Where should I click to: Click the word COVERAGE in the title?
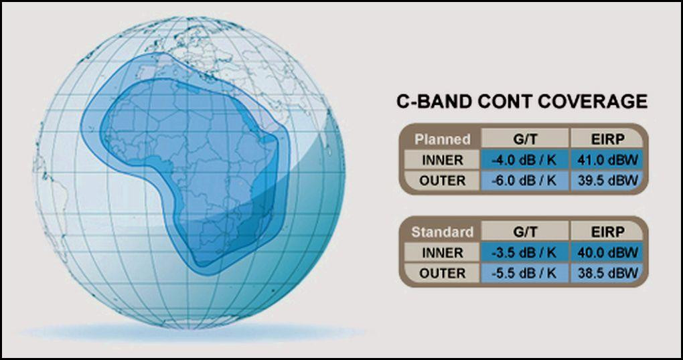click(x=593, y=102)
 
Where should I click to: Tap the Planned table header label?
click(x=443, y=139)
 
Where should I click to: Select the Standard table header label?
click(x=442, y=232)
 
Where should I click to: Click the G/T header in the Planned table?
click(x=526, y=139)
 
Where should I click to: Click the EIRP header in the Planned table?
click(x=607, y=139)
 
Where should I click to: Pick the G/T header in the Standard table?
click(x=526, y=232)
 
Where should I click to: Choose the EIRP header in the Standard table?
click(x=607, y=232)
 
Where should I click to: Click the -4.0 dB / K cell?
click(x=525, y=160)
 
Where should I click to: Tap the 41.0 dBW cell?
click(x=607, y=160)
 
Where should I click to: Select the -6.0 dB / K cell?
click(x=525, y=180)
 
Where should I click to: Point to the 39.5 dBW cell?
click(x=607, y=180)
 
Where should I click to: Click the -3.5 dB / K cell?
click(x=525, y=252)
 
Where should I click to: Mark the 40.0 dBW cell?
click(x=607, y=252)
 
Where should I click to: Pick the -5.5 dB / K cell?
click(x=525, y=273)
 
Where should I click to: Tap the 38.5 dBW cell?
click(x=607, y=273)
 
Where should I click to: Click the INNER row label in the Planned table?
click(x=442, y=160)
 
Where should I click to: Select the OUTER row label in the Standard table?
click(x=442, y=273)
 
